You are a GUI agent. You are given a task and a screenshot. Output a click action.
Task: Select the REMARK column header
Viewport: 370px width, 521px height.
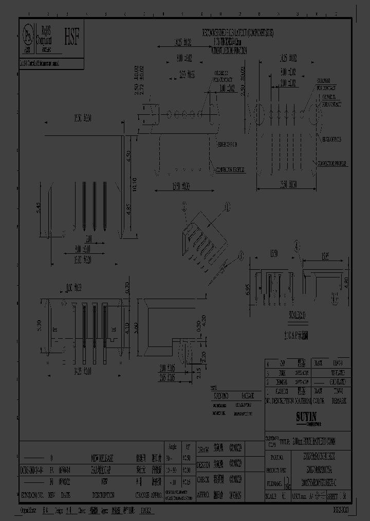(x=339, y=401)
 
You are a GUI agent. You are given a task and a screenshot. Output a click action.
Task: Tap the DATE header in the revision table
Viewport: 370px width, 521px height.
(x=66, y=496)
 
